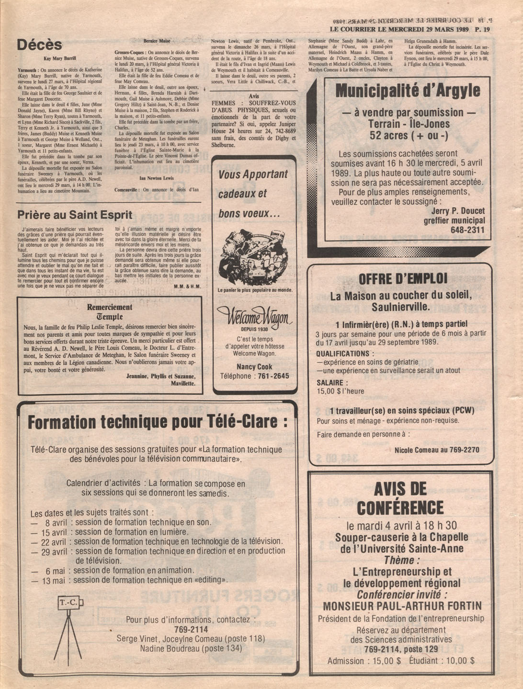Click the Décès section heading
pos(40,45)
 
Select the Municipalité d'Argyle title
pos(408,91)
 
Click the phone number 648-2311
pos(467,230)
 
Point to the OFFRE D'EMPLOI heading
pos(403,279)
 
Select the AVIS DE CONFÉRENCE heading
pos(400,498)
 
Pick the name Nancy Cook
pos(254,367)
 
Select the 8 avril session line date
pos(56,523)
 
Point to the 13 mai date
pos(54,581)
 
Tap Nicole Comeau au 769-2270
pos(437,450)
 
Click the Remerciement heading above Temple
pos(110,307)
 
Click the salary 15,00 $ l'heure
pos(340,391)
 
